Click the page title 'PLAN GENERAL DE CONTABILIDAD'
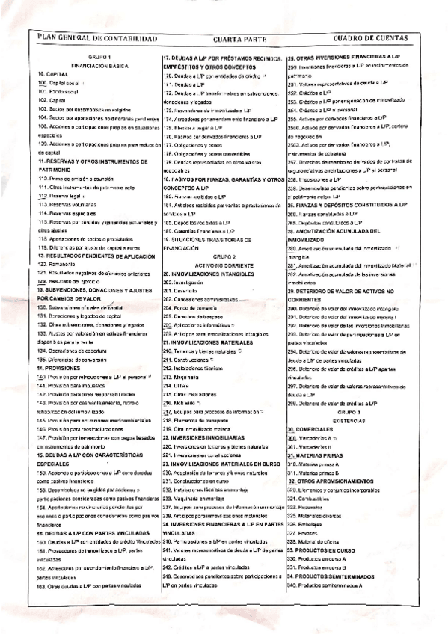[92, 37]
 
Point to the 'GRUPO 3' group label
[349, 412]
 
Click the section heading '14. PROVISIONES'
[60, 369]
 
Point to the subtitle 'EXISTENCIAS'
[349, 421]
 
